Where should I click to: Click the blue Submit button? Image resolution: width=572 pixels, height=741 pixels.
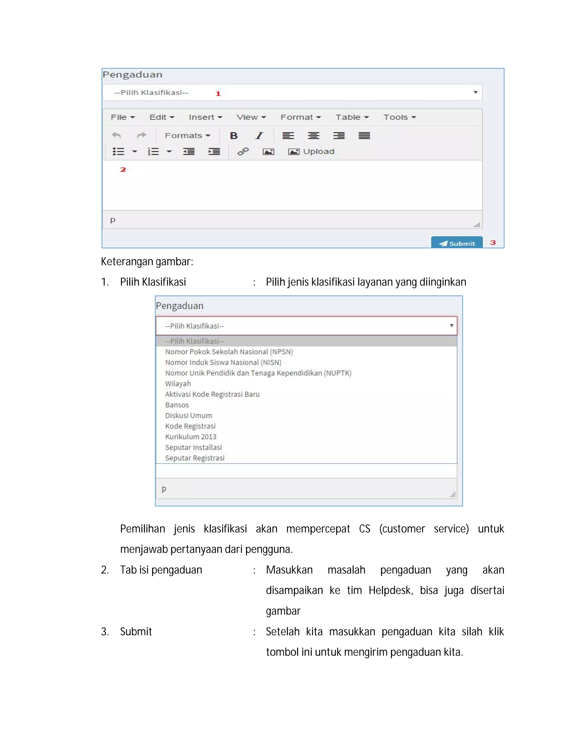tap(456, 243)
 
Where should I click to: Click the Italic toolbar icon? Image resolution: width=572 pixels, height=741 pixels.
tap(259, 136)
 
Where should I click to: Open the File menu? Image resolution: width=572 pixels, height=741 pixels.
tap(123, 117)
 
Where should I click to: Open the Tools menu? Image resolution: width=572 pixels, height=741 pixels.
tap(399, 117)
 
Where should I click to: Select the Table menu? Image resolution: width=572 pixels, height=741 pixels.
tap(352, 117)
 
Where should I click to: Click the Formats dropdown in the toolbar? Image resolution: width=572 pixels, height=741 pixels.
tap(187, 136)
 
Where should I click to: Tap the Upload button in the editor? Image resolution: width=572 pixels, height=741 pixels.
tap(311, 152)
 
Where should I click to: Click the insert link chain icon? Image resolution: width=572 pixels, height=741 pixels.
tap(243, 152)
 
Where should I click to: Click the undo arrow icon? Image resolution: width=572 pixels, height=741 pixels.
tap(116, 136)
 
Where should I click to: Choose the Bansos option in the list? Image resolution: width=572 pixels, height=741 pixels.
tap(177, 405)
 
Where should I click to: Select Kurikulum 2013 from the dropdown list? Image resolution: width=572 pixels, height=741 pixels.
tap(191, 437)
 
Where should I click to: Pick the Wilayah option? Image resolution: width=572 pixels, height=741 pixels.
tap(178, 384)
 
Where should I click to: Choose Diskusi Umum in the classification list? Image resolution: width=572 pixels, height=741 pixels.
tap(189, 416)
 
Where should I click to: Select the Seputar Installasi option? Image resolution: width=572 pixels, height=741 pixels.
tap(194, 447)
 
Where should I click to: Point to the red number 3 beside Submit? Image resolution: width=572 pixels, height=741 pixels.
tap(493, 243)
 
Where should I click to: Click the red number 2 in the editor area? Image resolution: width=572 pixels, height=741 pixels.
tap(123, 170)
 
